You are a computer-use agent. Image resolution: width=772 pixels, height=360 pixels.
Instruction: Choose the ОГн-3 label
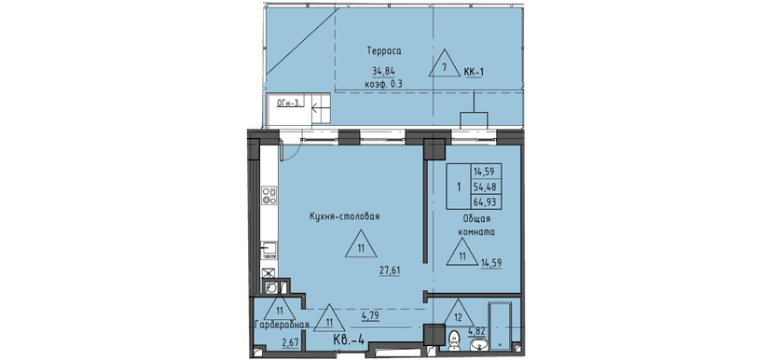point(286,104)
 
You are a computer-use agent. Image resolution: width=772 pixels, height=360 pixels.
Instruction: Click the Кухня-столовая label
point(344,216)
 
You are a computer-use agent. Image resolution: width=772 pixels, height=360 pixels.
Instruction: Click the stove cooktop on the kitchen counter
point(269,196)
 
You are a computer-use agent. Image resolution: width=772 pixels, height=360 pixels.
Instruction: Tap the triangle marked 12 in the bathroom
point(457,312)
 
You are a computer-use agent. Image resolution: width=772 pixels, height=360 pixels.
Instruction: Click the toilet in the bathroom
point(454,339)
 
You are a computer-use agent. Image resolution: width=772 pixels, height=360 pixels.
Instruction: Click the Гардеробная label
point(280,325)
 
